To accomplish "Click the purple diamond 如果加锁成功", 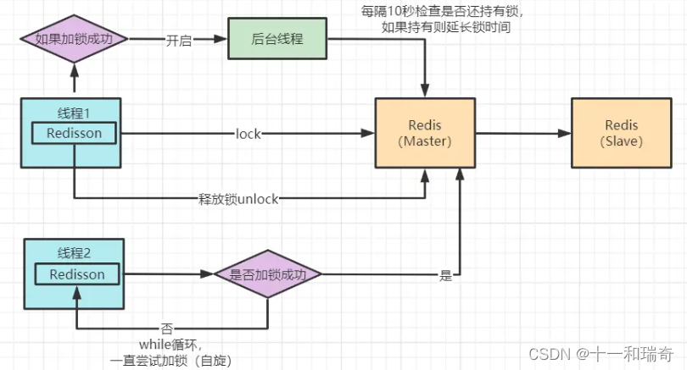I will pyautogui.click(x=74, y=40).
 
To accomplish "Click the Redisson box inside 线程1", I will pyautogui.click(x=74, y=133).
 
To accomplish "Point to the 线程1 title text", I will pyautogui.click(x=74, y=113).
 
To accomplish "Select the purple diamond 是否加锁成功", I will pyautogui.click(x=268, y=274).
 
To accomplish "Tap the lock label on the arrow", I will pyautogui.click(x=249, y=133).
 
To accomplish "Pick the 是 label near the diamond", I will pyautogui.click(x=445, y=275).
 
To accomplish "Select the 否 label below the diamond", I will pyautogui.click(x=167, y=327).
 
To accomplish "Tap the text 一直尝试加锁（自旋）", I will pyautogui.click(x=170, y=360).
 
